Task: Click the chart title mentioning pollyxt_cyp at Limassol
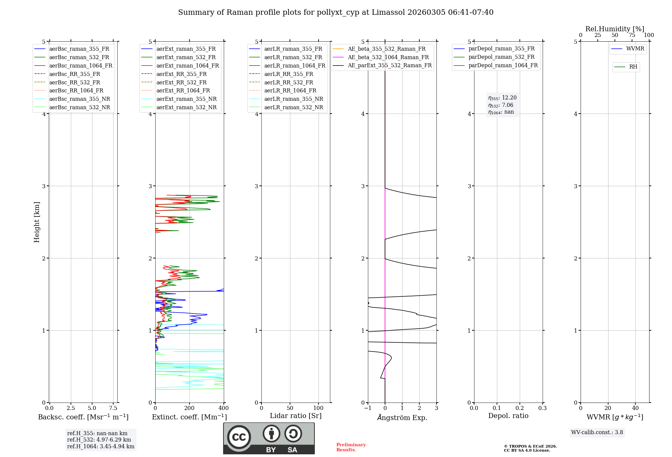(336, 12)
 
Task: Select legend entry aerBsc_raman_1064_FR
(81, 66)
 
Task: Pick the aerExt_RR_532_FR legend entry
(181, 83)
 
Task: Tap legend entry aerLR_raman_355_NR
(293, 99)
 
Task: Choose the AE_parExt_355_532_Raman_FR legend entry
(389, 66)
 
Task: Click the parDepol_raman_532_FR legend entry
(501, 57)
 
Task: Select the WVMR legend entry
(635, 49)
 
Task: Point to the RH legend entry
(633, 67)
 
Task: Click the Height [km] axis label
(37, 222)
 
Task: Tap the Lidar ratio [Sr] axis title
(296, 416)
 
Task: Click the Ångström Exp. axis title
(402, 417)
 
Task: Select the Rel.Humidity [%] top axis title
(615, 29)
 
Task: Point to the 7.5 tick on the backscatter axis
(113, 408)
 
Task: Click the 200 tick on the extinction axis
(190, 408)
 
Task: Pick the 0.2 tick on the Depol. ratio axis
(520, 408)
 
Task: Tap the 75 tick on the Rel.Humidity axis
(632, 35)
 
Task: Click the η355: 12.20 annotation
(502, 98)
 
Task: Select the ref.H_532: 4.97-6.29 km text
(99, 440)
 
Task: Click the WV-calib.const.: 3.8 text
(597, 432)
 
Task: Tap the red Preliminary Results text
(351, 447)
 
